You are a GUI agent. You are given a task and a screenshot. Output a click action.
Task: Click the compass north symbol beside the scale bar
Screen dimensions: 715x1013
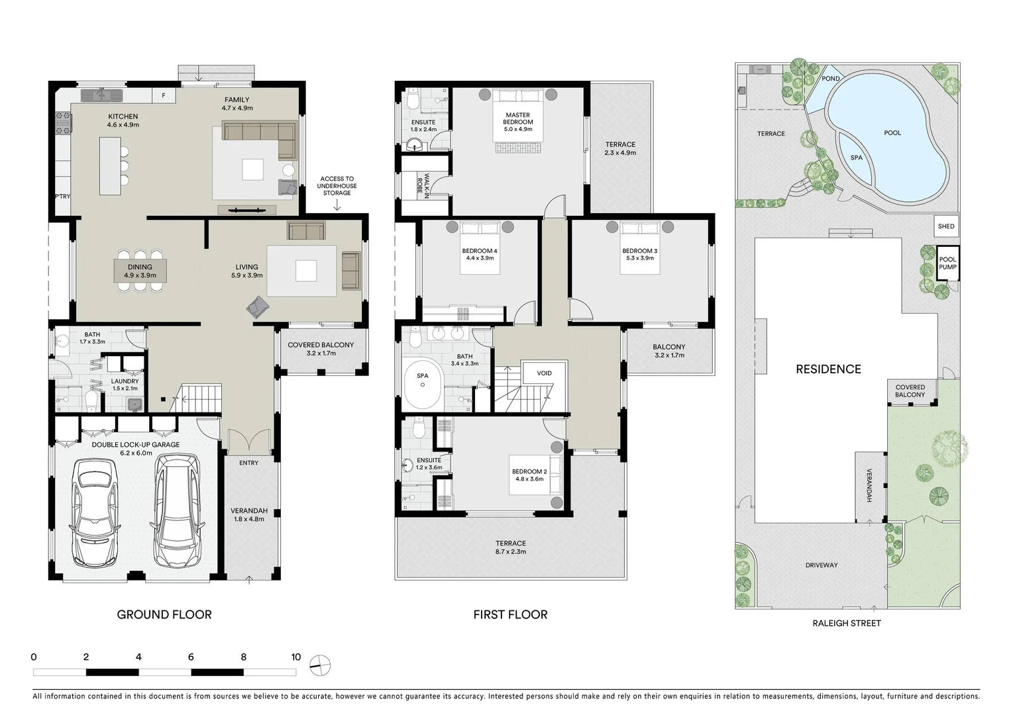point(319,665)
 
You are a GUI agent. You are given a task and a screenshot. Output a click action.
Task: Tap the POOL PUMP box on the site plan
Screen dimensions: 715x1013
point(947,263)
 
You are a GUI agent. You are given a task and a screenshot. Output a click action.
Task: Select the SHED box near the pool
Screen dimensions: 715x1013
point(945,226)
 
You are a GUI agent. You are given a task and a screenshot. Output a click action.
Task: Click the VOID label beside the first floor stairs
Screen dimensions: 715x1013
point(544,373)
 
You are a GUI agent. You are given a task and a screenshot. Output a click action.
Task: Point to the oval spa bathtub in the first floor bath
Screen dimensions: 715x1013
point(422,385)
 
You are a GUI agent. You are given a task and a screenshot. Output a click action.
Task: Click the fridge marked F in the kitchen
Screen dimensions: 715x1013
point(164,96)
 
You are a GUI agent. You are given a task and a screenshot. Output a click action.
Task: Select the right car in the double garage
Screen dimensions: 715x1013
point(176,510)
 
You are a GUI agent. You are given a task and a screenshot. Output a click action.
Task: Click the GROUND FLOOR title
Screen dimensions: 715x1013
point(164,614)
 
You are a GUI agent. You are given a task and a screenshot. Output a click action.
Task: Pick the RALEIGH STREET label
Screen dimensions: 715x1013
point(846,623)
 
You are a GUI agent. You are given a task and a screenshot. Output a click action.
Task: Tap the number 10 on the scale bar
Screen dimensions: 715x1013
point(295,657)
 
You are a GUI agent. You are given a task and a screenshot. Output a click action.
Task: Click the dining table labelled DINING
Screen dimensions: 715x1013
point(140,271)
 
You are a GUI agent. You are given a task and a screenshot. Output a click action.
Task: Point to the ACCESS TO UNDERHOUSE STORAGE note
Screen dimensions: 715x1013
point(337,186)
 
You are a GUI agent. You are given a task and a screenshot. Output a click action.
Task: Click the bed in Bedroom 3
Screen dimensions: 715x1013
point(639,255)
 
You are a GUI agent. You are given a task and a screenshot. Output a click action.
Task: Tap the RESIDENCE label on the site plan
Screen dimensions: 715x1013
point(828,369)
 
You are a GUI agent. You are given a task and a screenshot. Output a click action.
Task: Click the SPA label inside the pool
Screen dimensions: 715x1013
point(856,158)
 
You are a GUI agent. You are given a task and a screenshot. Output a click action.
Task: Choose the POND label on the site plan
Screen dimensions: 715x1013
point(830,79)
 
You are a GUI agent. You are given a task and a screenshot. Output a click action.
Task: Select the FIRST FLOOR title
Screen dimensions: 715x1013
point(510,614)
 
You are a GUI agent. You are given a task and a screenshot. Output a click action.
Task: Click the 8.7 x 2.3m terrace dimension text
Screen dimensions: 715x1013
point(510,551)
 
